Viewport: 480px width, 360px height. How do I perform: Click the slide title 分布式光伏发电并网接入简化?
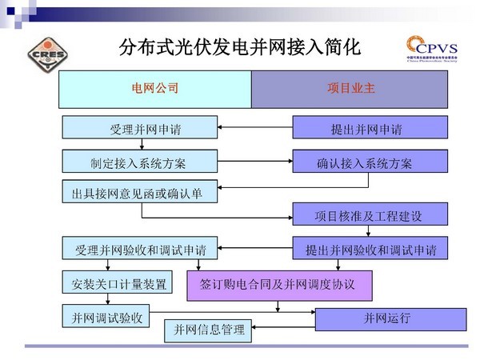pos(239,46)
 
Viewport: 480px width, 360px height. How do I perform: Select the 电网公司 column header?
pos(154,89)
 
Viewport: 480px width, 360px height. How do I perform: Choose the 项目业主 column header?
pos(350,89)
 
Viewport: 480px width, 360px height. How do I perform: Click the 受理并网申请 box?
pos(139,128)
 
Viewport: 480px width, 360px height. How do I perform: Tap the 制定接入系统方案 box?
pos(139,162)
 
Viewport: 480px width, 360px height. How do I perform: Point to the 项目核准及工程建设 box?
pos(369,215)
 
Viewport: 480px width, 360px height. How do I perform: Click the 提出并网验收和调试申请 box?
pos(370,249)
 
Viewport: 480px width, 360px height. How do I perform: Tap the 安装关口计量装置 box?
pos(114,283)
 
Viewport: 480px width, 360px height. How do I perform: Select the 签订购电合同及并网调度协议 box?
pos(280,284)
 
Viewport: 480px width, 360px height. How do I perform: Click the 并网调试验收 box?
pos(107,318)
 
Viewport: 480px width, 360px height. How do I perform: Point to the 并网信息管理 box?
pos(210,330)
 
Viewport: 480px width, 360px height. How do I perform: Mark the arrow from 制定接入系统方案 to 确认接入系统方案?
pos(254,162)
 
